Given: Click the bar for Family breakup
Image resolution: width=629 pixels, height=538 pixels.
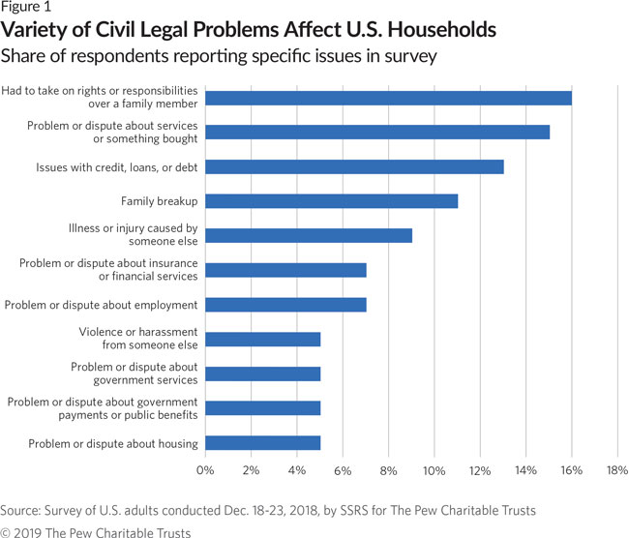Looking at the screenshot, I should [x=331, y=200].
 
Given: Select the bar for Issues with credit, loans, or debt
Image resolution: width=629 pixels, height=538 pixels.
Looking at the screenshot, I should [x=354, y=166].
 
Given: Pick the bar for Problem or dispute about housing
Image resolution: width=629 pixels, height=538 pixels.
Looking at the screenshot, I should [x=262, y=443].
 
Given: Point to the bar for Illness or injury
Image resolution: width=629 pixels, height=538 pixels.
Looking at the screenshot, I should [x=309, y=235].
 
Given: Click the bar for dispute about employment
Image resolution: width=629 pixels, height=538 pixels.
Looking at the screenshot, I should [x=285, y=305].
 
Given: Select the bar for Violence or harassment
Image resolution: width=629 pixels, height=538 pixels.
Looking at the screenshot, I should [x=262, y=340].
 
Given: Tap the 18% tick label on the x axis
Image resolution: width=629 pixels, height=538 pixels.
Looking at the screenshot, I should [x=616, y=470].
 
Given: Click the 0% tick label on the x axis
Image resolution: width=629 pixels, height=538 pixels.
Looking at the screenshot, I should [x=205, y=470].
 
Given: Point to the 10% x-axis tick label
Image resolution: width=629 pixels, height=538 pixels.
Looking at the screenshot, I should [x=434, y=470].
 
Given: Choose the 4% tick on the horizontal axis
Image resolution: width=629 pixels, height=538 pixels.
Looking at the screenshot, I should [x=296, y=470].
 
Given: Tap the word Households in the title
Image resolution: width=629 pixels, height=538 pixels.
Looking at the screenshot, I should [x=438, y=31].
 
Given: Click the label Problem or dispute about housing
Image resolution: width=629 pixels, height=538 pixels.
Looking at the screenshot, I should [x=102, y=443].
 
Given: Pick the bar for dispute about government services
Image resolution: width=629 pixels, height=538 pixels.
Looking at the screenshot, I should [x=262, y=374].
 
